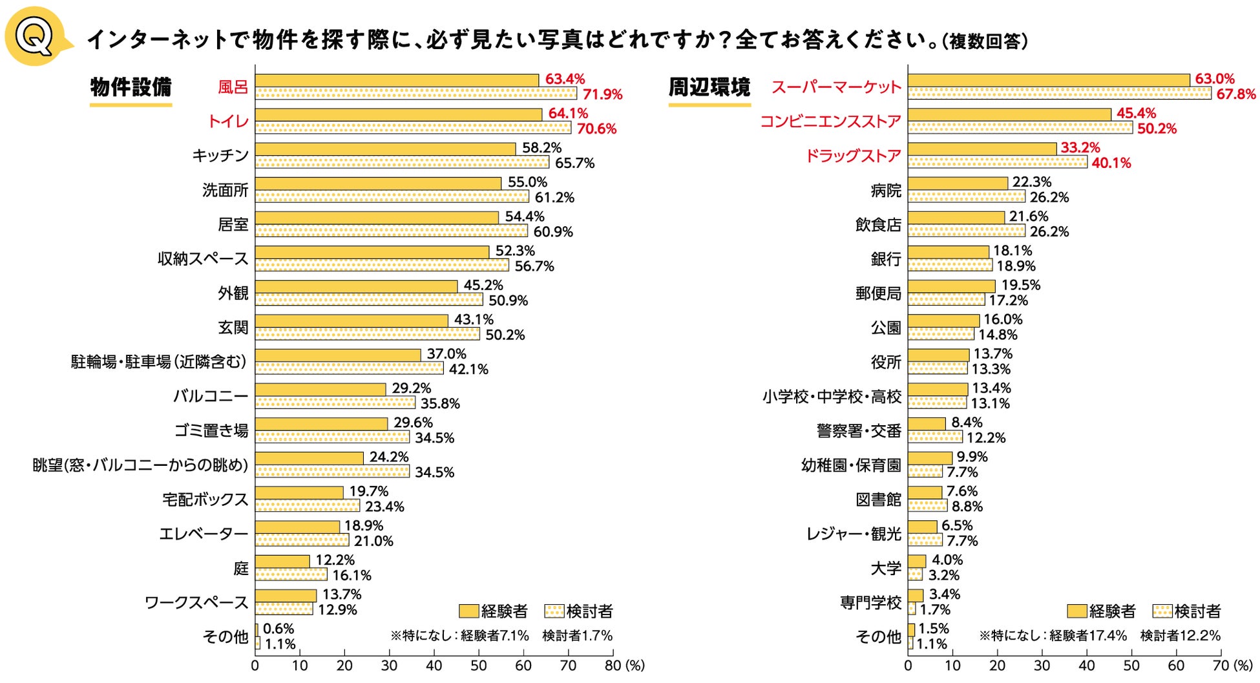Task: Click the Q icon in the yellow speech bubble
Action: [x=34, y=37]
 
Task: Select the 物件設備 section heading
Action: [x=131, y=87]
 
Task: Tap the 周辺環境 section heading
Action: [x=709, y=87]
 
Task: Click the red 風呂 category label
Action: [x=233, y=87]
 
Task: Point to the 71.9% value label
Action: [x=602, y=95]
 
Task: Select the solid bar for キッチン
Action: [x=385, y=149]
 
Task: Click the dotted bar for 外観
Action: [x=369, y=300]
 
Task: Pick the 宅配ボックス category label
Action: [x=205, y=499]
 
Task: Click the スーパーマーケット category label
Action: [x=836, y=87]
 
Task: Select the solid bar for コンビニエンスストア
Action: [x=1009, y=114]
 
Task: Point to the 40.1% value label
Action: [x=1111, y=163]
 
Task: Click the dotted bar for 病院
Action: [x=966, y=196]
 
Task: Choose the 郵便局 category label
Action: [x=878, y=294]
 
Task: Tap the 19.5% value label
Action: [x=1021, y=286]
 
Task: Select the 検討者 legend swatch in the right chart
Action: [x=1162, y=611]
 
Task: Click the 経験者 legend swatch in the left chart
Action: [x=468, y=611]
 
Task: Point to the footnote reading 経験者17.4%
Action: [x=1088, y=636]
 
